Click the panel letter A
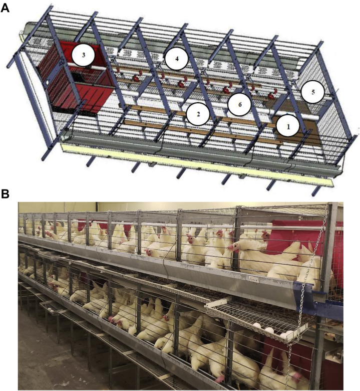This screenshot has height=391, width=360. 6,9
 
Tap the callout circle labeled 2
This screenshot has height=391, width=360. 198,115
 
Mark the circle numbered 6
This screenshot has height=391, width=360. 239,104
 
